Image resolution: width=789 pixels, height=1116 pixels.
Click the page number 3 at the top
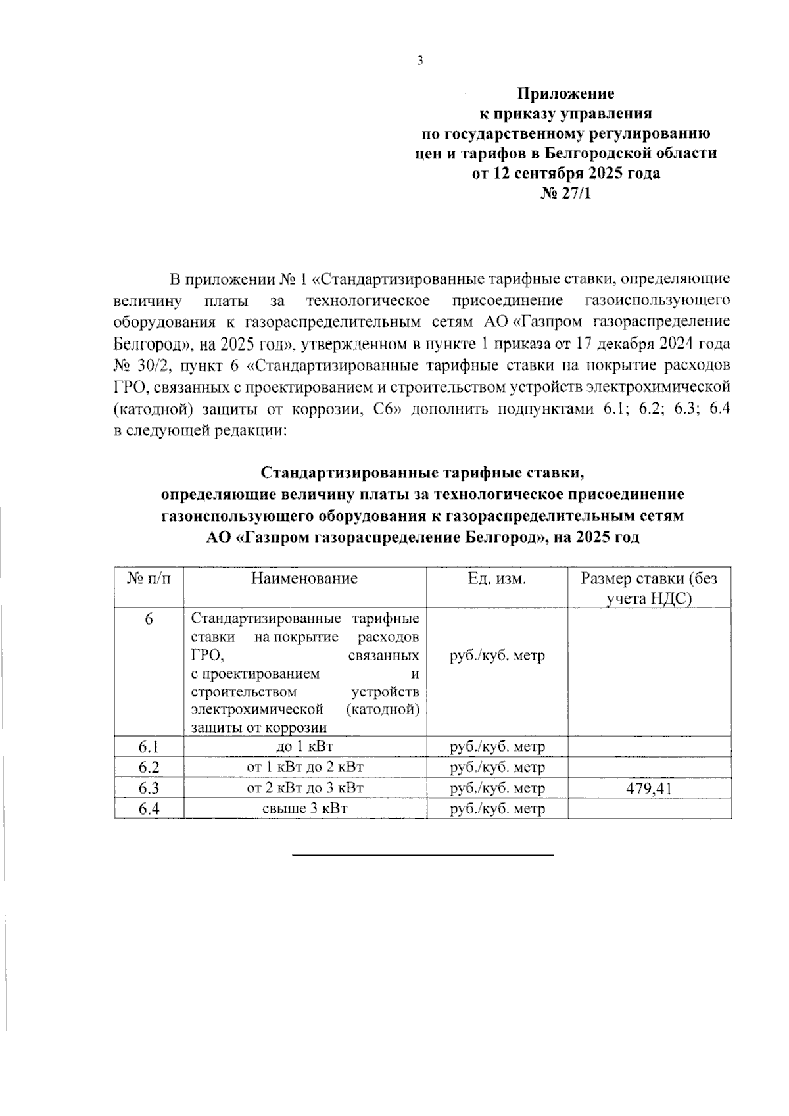click(420, 61)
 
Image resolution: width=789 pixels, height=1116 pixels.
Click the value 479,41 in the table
click(649, 788)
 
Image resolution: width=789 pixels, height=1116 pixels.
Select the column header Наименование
click(304, 579)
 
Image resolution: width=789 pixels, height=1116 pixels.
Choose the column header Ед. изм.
click(497, 579)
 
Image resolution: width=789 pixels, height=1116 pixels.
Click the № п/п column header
click(149, 579)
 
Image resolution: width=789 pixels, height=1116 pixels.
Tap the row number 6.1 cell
click(149, 747)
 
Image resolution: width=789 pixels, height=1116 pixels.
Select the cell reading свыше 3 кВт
click(304, 808)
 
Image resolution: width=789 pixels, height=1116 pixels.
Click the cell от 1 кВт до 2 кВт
click(304, 767)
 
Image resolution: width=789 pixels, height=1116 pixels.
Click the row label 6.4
click(149, 809)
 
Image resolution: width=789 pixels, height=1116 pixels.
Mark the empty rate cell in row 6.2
click(649, 767)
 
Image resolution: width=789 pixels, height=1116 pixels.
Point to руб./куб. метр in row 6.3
click(497, 788)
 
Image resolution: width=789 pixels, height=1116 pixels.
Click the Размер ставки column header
click(649, 588)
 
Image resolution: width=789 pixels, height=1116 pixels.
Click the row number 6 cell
click(149, 619)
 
